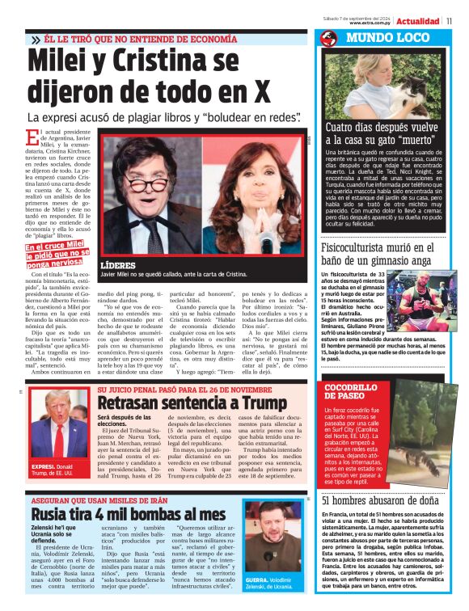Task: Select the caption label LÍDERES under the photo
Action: tap(116, 265)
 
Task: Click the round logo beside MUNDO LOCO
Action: tap(327, 39)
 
